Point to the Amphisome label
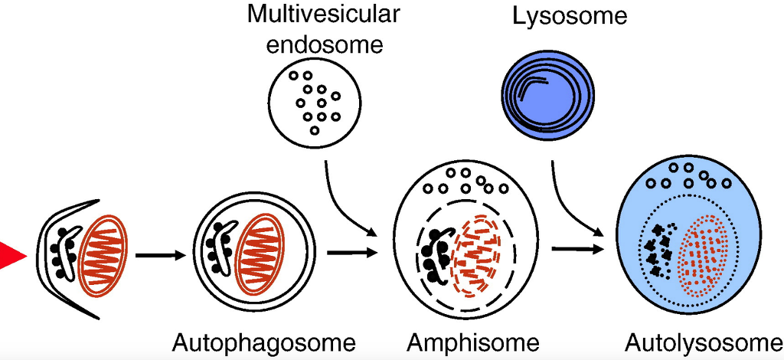point(473,342)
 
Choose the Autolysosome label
point(704,342)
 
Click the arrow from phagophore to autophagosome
point(161,256)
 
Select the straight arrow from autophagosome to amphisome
point(352,251)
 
